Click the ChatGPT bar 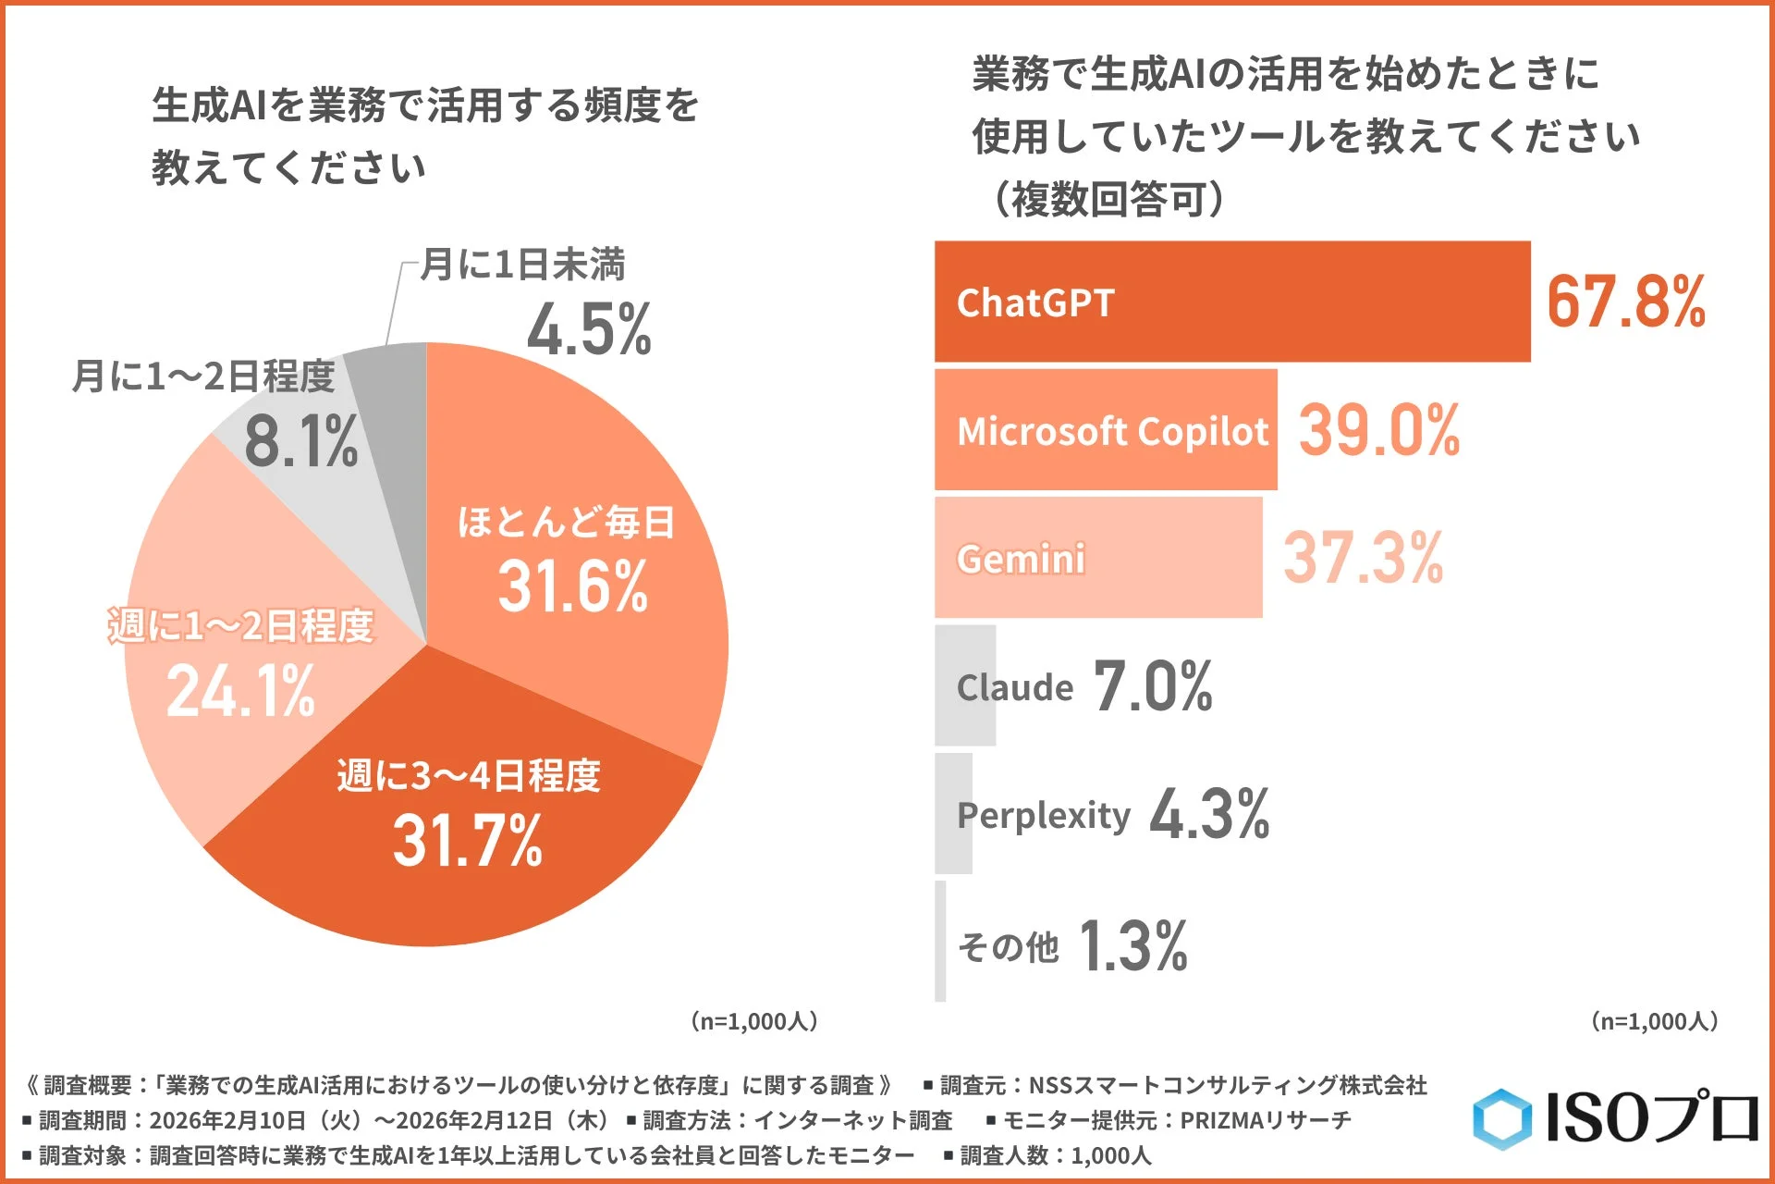pyautogui.click(x=1231, y=302)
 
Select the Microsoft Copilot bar pyautogui.click(x=1106, y=430)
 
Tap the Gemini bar pyautogui.click(x=1098, y=558)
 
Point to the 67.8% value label pyautogui.click(x=1625, y=302)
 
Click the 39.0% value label pyautogui.click(x=1378, y=430)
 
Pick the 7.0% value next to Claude pyautogui.click(x=1153, y=686)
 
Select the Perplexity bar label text pyautogui.click(x=1044, y=815)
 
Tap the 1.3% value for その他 pyautogui.click(x=1132, y=945)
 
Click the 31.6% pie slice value pyautogui.click(x=572, y=586)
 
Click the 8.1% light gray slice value pyautogui.click(x=300, y=441)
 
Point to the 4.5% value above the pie pyautogui.click(x=589, y=329)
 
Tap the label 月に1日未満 pyautogui.click(x=523, y=265)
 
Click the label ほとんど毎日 pyautogui.click(x=566, y=523)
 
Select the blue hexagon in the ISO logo pyautogui.click(x=1501, y=1119)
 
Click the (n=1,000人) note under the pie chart pyautogui.click(x=753, y=1021)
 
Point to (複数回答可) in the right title pyautogui.click(x=1108, y=199)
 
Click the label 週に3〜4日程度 pyautogui.click(x=468, y=775)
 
